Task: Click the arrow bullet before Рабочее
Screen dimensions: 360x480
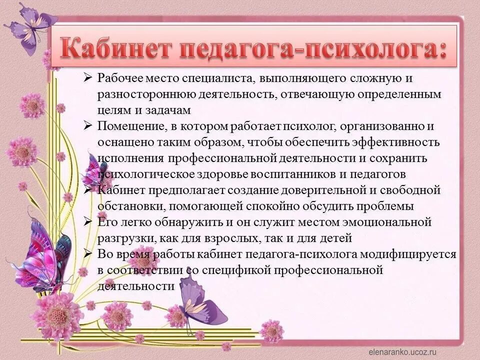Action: click(x=88, y=78)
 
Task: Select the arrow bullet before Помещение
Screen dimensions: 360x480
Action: click(x=88, y=126)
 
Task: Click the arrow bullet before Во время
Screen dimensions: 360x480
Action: click(x=88, y=253)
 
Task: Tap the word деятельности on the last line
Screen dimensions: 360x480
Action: click(x=135, y=286)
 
